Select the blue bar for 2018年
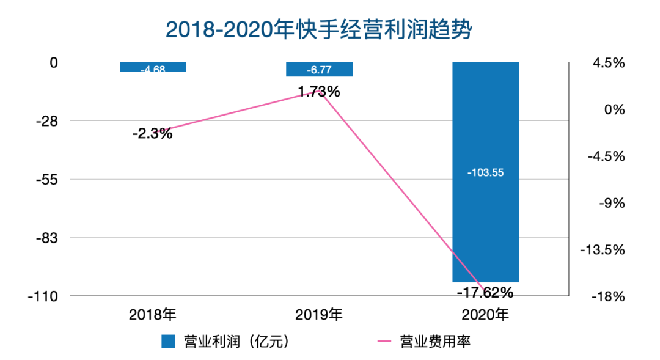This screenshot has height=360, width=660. point(153,67)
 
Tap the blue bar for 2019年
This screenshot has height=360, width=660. point(319,69)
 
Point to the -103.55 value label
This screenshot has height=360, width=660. point(485,173)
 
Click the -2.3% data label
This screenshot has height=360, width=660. point(152,133)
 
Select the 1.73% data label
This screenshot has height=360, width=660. point(319,92)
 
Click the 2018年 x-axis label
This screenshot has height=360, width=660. point(153,315)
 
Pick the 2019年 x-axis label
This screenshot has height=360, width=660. point(319,315)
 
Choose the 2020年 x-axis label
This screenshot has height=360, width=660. point(485,315)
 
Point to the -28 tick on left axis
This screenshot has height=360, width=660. point(45,121)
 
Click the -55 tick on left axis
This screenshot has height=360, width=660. point(45,180)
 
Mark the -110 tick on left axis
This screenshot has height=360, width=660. point(42,296)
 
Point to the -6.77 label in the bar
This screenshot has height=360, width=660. point(319,70)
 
